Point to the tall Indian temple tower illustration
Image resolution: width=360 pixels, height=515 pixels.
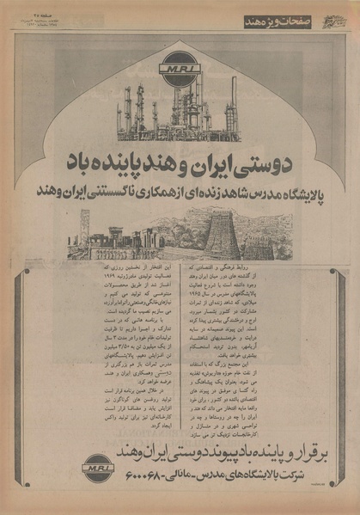click(221, 232)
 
